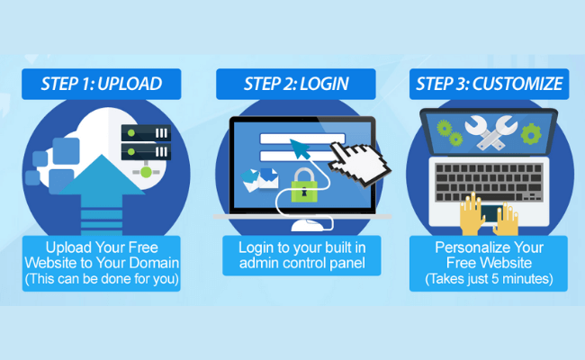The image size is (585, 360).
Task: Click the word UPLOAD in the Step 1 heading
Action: coord(130,84)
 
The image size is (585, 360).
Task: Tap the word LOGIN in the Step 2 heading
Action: coord(324,84)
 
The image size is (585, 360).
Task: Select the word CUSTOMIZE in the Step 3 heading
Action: coord(517,84)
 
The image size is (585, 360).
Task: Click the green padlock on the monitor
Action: coord(304,185)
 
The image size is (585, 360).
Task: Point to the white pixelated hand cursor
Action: coord(358,163)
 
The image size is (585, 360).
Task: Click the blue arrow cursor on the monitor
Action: coord(301,148)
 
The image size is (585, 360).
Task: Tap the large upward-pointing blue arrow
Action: coord(102,194)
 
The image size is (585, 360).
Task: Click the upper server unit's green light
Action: coord(131,133)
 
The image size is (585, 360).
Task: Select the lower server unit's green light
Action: coord(131,152)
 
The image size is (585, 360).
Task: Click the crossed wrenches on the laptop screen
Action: coord(490,132)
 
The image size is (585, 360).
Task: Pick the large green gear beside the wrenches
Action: coord(531,134)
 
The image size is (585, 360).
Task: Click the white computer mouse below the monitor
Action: coord(308,226)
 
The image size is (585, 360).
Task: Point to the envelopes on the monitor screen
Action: coord(260,180)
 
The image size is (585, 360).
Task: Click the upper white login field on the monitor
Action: coord(302,139)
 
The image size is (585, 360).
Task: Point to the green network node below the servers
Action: coord(146,172)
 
